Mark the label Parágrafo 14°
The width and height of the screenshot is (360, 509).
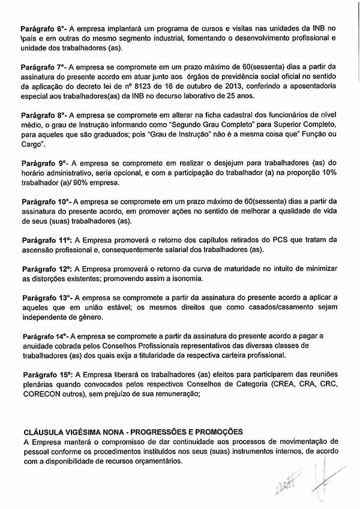click(45, 336)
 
